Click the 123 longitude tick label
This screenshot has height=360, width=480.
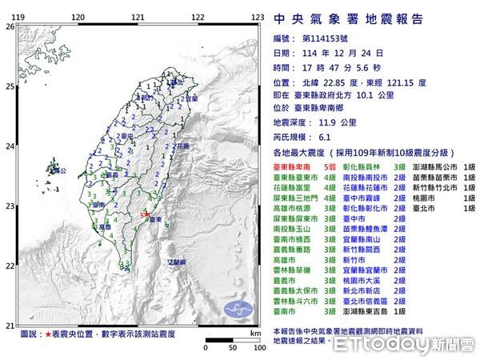tap(258, 17)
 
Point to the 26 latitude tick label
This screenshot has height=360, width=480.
tap(10, 26)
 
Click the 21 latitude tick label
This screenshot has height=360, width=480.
tap(10, 325)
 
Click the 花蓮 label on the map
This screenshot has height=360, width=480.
tap(183, 147)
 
